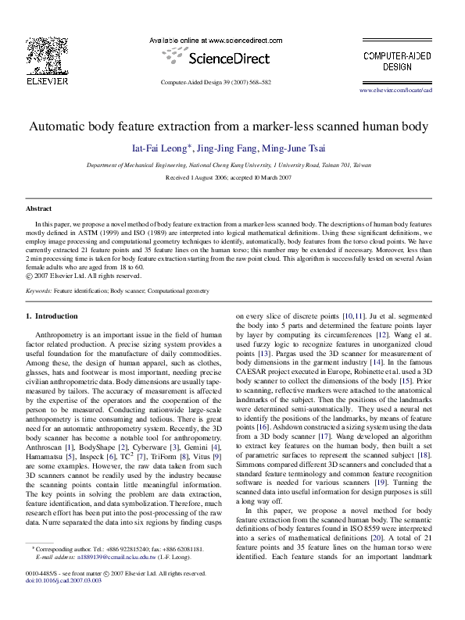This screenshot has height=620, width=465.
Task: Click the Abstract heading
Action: [x=39, y=209]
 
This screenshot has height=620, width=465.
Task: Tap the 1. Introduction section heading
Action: [x=52, y=316]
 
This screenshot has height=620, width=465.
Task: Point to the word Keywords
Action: [x=38, y=290]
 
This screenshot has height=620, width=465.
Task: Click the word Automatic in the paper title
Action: [x=62, y=126]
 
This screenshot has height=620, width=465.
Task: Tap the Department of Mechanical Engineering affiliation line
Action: [x=229, y=166]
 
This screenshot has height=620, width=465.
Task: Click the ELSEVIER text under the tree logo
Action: [x=48, y=80]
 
